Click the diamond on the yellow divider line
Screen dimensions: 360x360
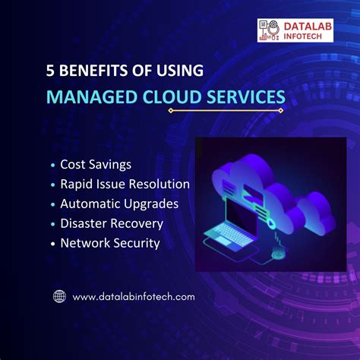(172, 111)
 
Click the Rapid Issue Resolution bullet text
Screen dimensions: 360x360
(125, 184)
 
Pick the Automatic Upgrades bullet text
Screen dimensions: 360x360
(119, 204)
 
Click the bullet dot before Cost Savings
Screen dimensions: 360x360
(52, 165)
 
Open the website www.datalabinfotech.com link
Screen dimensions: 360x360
(134, 296)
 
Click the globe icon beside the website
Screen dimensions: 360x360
(59, 296)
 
